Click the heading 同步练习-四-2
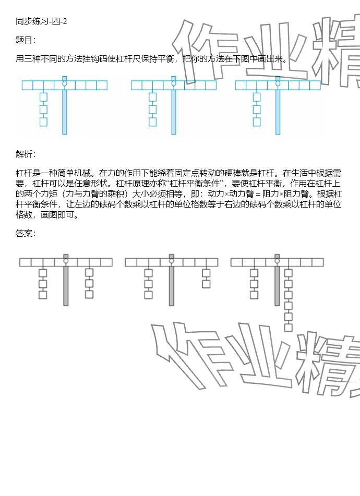tap(41, 21)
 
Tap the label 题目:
tap(26, 40)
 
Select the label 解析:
tap(26, 154)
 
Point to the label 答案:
tap(26, 233)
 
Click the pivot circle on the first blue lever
tap(65, 83)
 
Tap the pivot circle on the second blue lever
tap(174, 83)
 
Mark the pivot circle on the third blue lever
tap(278, 83)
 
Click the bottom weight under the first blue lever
tap(44, 122)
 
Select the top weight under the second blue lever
tap(152, 96)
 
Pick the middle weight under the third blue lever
tap(257, 110)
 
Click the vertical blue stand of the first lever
tap(65, 112)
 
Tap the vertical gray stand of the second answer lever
tap(171, 284)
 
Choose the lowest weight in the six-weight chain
tap(288, 328)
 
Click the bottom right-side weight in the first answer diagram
tap(89, 294)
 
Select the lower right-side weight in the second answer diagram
tap(206, 284)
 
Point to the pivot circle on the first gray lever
tap(66, 261)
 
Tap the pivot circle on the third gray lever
tap(277, 261)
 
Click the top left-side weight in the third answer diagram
tap(254, 273)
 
